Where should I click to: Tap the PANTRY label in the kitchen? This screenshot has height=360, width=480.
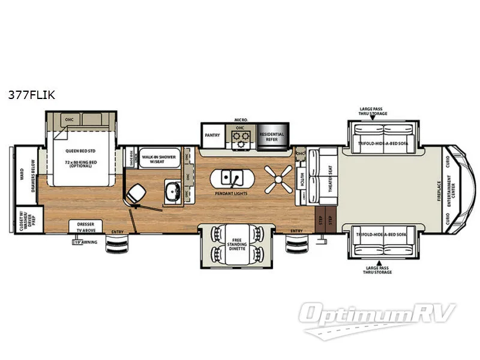pyautogui.click(x=212, y=136)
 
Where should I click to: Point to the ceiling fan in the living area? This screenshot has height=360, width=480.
pyautogui.click(x=278, y=178)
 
